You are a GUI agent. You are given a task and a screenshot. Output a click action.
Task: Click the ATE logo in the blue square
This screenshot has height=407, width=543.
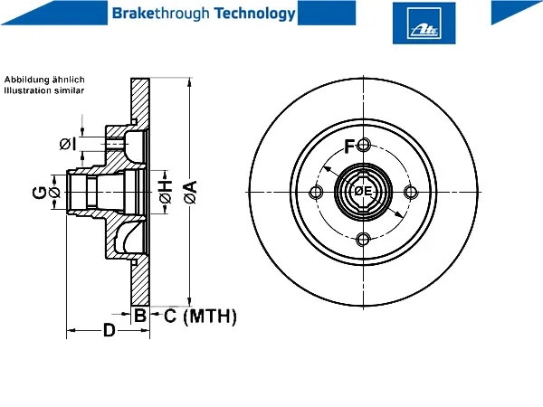coord(424,24)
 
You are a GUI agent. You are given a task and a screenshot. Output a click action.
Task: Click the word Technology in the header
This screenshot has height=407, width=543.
coord(254,14)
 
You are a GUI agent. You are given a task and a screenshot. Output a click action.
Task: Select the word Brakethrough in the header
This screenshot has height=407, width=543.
coord(161,14)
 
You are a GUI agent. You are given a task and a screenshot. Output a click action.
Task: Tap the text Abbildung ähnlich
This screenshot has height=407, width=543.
coord(44,80)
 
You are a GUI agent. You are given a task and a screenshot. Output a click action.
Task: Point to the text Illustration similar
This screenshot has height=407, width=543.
coord(44,90)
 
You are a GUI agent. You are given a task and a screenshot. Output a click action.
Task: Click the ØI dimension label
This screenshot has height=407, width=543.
coord(68,144)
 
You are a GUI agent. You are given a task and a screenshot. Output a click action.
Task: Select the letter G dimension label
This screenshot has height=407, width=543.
coord(40,193)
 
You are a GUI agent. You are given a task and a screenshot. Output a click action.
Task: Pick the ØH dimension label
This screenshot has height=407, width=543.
coord(166,192)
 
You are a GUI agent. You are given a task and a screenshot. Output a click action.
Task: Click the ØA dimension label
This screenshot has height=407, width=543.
coord(190,192)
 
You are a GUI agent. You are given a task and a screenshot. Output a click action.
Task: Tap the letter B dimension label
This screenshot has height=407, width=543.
coord(140,316)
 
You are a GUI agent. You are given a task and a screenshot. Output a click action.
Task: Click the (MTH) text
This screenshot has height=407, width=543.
coord(210,316)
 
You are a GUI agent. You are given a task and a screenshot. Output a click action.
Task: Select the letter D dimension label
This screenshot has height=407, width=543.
coord(110,330)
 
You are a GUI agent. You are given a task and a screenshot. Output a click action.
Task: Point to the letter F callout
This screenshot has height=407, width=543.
coord(349,147)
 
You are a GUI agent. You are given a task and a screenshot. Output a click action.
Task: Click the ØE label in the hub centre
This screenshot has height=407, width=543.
coord(363,191)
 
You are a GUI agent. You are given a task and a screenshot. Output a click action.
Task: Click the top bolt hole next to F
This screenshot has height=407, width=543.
coord(363,145)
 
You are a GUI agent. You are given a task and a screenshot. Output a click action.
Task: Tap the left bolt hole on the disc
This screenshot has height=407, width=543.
coord(316,192)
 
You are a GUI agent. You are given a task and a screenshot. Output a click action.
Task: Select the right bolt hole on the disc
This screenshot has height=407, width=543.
coord(411,192)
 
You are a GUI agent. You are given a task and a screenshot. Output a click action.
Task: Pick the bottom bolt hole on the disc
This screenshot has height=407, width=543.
coord(363,239)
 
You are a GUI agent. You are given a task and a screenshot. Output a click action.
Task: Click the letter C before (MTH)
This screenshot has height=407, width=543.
coord(170,316)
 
